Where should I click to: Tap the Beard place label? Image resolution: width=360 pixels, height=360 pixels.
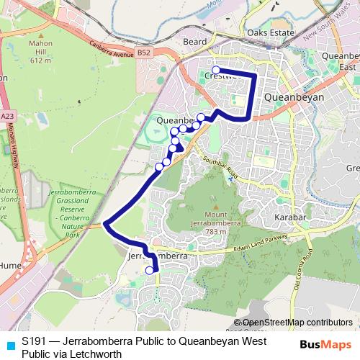pyautogui.click(x=194, y=42)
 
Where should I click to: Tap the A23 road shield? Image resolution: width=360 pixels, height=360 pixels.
pyautogui.click(x=7, y=115)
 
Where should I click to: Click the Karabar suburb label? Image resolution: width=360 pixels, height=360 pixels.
pyautogui.click(x=289, y=216)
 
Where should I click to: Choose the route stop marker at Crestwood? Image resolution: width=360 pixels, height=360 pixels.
pyautogui.click(x=216, y=70)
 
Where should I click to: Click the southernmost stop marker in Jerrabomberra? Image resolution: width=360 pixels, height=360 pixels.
pyautogui.click(x=150, y=271)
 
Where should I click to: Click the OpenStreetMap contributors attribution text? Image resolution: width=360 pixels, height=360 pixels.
pyautogui.click(x=297, y=323)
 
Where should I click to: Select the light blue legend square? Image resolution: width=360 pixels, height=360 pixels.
pyautogui.click(x=9, y=341)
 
